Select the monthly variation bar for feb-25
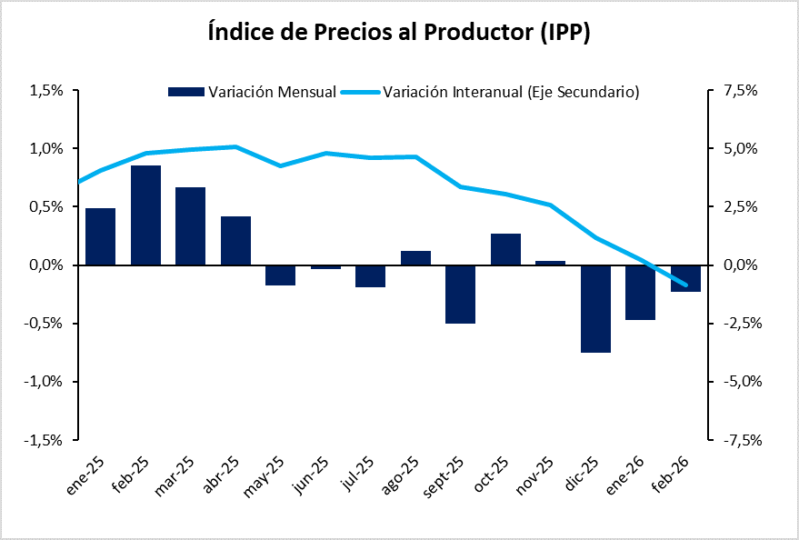(x=145, y=215)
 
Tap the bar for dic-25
(x=595, y=308)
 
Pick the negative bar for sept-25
(x=460, y=294)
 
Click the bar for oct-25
(x=505, y=249)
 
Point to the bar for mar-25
(x=190, y=225)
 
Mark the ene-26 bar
(x=640, y=292)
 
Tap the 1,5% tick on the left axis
(x=45, y=91)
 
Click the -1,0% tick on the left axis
(x=44, y=382)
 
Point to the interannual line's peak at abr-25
(x=235, y=146)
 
